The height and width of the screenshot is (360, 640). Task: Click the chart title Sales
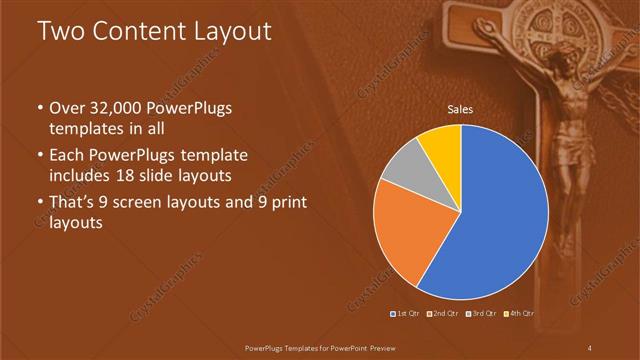(460, 109)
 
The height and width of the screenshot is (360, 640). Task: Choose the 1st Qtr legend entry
(405, 314)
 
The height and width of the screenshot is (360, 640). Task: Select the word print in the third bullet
(283, 203)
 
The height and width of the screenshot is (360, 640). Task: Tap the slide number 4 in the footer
(590, 347)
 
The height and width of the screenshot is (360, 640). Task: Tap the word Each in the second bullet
(66, 156)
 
